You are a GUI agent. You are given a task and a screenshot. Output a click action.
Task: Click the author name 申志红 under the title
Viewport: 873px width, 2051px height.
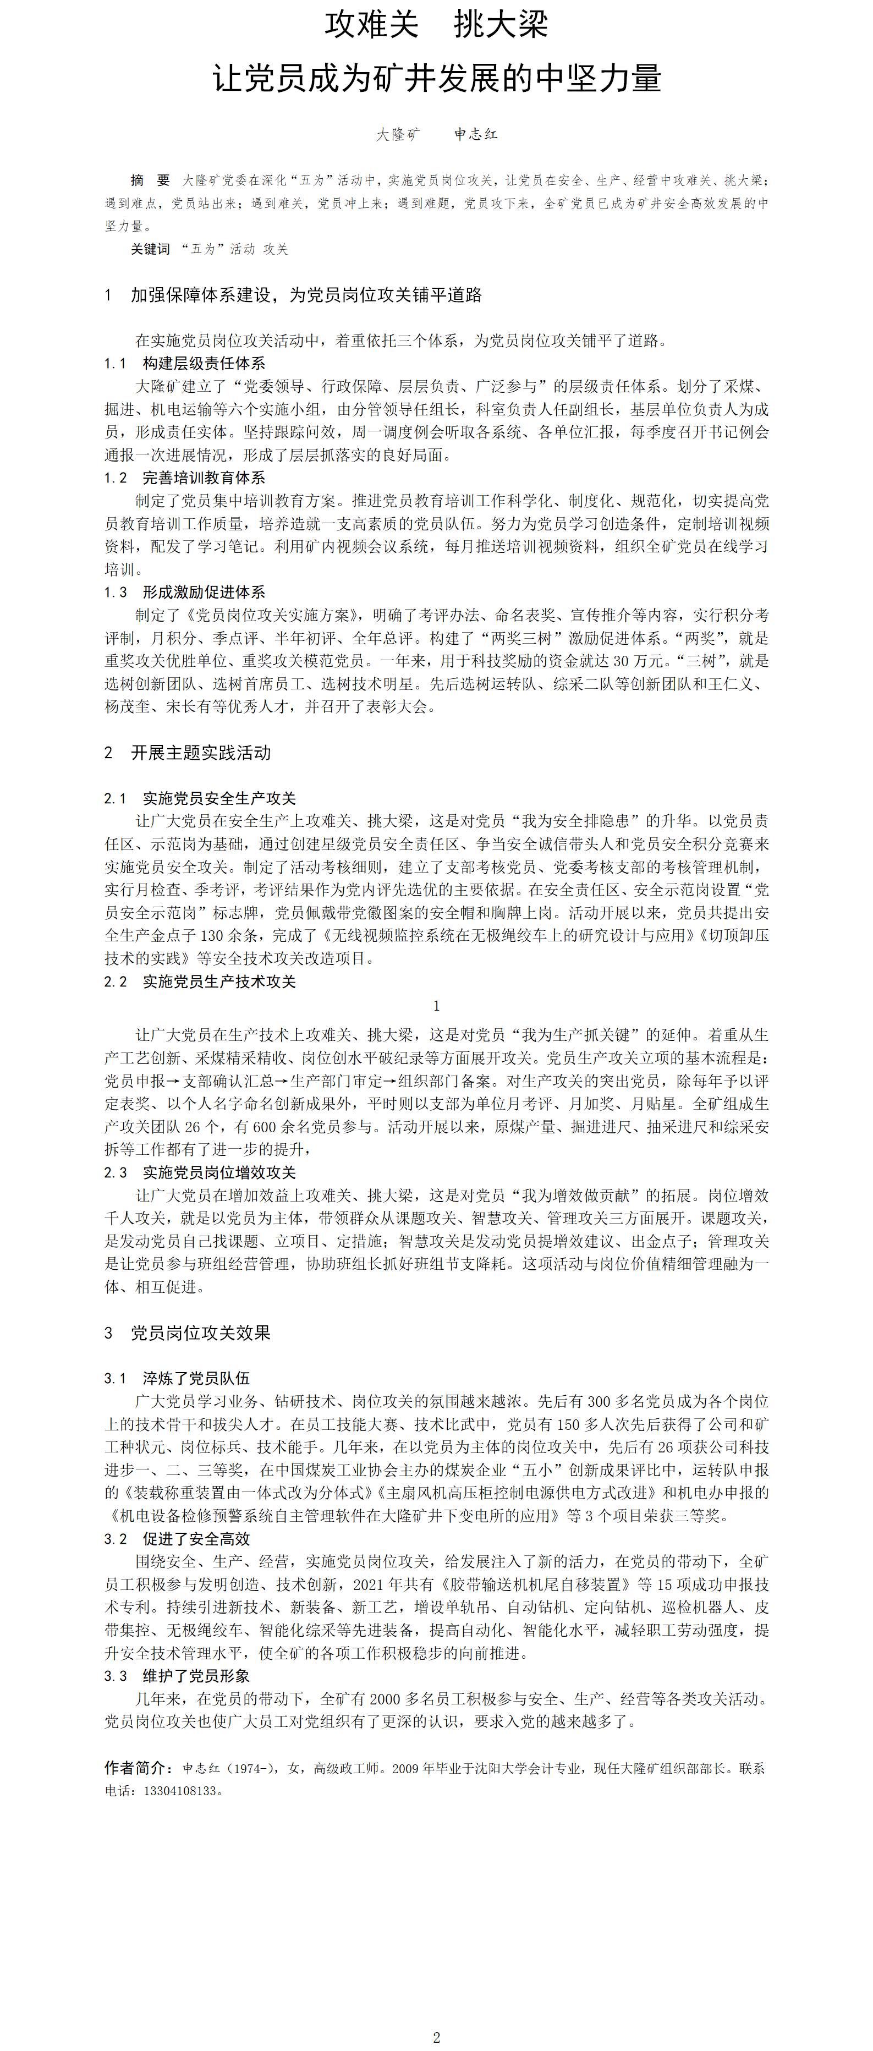coord(476,135)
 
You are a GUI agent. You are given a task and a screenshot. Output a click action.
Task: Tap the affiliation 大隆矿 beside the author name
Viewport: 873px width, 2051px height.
coord(398,135)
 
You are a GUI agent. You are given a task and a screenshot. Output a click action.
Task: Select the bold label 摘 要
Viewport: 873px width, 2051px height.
coord(150,181)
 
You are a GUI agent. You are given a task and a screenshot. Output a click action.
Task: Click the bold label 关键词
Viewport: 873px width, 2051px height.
coord(150,249)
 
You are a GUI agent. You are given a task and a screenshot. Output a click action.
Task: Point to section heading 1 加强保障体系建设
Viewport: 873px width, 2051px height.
coord(293,295)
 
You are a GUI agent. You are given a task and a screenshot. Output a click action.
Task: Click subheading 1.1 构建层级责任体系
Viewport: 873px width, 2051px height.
coord(185,363)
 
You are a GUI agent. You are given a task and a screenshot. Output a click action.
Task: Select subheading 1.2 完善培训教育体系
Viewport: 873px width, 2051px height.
coord(185,478)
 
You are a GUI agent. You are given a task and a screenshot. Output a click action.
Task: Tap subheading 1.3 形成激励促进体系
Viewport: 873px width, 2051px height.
coord(185,593)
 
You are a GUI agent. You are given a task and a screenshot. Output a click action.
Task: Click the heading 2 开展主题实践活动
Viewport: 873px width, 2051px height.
coord(188,753)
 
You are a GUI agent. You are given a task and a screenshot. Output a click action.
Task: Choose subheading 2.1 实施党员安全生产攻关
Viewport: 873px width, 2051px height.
coord(200,799)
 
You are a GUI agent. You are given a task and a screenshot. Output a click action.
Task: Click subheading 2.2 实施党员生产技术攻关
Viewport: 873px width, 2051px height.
coord(200,981)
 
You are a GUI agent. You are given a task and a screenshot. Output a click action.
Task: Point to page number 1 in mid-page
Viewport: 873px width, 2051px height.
coord(436,1006)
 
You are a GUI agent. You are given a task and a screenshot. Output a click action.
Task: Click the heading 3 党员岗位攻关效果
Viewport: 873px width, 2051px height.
coord(188,1333)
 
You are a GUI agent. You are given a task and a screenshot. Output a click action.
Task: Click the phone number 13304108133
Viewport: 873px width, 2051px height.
coord(180,1791)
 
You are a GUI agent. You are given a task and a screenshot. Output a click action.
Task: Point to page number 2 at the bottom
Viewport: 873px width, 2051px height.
coord(436,2037)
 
